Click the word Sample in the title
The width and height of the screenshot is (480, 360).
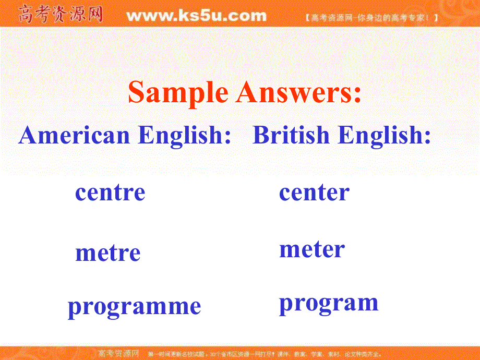(x=178, y=93)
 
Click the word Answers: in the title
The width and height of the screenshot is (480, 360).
(x=298, y=93)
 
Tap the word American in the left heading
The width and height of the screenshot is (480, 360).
(x=74, y=136)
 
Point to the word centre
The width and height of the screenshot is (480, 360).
(x=110, y=193)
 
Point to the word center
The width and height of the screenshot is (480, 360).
(x=314, y=193)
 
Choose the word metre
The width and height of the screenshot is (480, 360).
(x=108, y=254)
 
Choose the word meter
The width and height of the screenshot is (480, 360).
(x=312, y=249)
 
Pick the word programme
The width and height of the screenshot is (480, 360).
(x=134, y=306)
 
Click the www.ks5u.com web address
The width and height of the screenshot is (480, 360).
(x=196, y=16)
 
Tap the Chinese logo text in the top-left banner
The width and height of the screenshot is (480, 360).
(x=60, y=15)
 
